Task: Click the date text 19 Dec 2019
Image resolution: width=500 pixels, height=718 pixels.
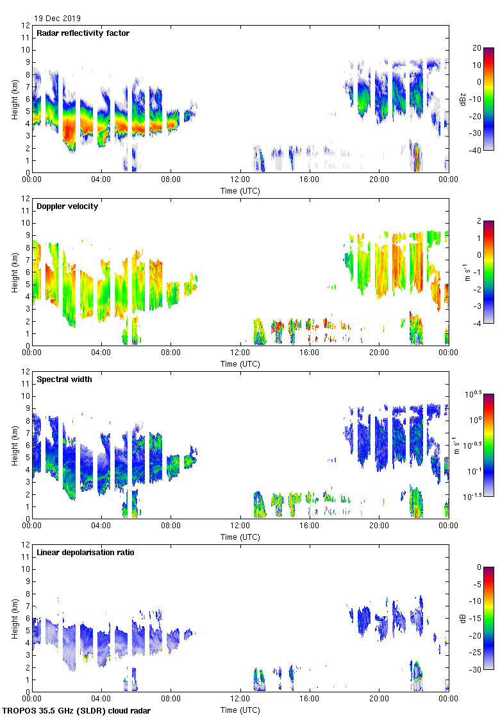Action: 58,19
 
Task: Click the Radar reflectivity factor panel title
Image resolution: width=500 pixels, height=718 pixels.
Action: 83,33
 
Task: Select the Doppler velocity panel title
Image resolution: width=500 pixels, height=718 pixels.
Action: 67,206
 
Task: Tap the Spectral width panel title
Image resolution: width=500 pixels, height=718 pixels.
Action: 65,379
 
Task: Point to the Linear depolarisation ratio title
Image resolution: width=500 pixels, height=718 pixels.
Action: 85,552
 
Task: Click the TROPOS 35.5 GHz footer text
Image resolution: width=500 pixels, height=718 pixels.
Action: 77,711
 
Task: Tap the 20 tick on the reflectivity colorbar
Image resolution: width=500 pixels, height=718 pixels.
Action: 476,47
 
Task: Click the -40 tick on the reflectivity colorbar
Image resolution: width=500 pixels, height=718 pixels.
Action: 476,151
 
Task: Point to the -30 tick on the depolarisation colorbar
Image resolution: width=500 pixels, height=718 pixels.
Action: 476,670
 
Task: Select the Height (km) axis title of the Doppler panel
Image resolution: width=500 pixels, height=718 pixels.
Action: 15,272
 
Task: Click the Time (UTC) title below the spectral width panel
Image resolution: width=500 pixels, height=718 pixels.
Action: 240,537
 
